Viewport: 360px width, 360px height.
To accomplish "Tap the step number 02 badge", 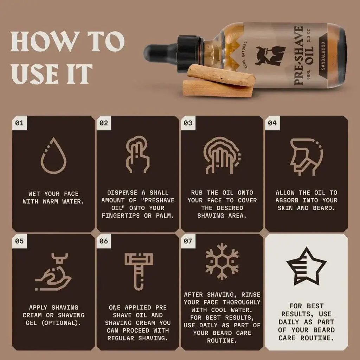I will [x=104, y=123].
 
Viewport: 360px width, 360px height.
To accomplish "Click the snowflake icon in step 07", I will [x=222, y=262].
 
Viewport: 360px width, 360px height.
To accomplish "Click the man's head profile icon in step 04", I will [x=306, y=156].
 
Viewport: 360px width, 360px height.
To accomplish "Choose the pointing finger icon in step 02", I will [x=138, y=155].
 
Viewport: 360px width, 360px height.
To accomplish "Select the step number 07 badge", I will [x=188, y=241].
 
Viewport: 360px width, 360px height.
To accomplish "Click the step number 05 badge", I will [x=19, y=241].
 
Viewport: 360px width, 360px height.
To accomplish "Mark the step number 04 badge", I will [x=272, y=123].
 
